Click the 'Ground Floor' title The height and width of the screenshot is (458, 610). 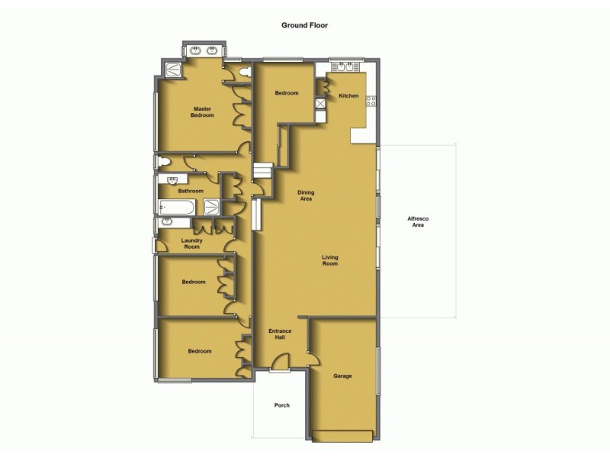pyautogui.click(x=305, y=25)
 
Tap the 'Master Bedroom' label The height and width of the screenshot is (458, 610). pyautogui.click(x=203, y=112)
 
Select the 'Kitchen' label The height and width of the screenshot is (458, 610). pyautogui.click(x=348, y=95)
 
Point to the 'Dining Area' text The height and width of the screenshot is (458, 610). pyautogui.click(x=306, y=195)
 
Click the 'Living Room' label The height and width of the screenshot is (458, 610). pyautogui.click(x=329, y=260)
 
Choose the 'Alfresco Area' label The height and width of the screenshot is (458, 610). pyautogui.click(x=418, y=222)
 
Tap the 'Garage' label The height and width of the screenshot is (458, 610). pyautogui.click(x=342, y=376)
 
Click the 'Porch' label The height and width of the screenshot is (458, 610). pyautogui.click(x=281, y=405)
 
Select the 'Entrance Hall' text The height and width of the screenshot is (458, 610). pyautogui.click(x=280, y=334)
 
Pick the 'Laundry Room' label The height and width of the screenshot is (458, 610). pyautogui.click(x=191, y=244)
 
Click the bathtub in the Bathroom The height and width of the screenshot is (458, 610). pyautogui.click(x=178, y=207)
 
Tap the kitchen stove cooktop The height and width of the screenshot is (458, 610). pyautogui.click(x=371, y=102)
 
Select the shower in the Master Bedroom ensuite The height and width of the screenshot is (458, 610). pyautogui.click(x=173, y=69)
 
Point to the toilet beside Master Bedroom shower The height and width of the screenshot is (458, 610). pyautogui.click(x=244, y=72)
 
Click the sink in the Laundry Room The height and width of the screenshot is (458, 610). pyautogui.click(x=164, y=223)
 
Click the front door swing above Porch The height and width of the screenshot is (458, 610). pyautogui.click(x=281, y=362)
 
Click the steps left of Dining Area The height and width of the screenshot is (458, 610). pyautogui.click(x=262, y=171)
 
